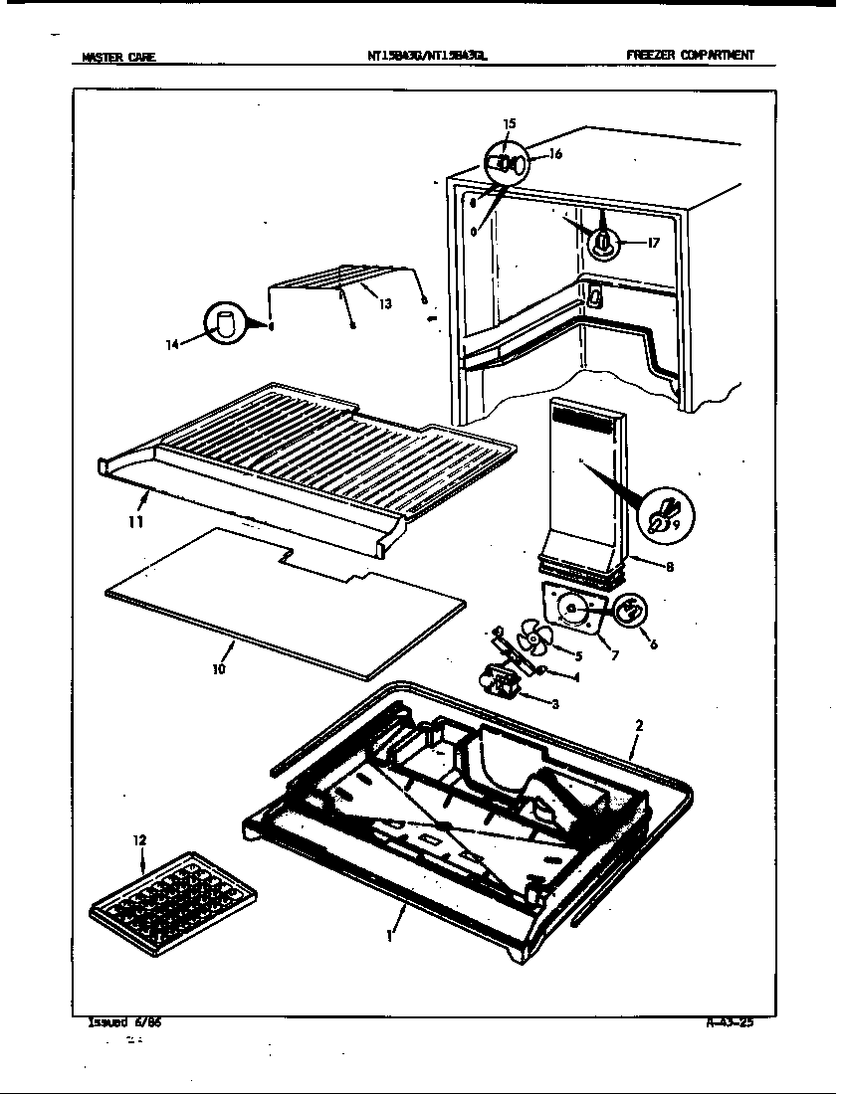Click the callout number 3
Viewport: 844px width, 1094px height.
(x=554, y=704)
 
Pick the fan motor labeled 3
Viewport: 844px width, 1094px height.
(x=499, y=681)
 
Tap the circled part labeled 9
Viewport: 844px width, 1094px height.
(x=666, y=516)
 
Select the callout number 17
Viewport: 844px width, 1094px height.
(x=653, y=242)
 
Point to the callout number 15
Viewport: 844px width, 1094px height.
(x=509, y=124)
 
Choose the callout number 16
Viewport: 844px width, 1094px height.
(x=555, y=154)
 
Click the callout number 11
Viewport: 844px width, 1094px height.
(x=135, y=521)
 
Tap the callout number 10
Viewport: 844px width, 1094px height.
(x=219, y=669)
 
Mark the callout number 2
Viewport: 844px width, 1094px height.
(x=639, y=726)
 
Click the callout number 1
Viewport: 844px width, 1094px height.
(x=390, y=935)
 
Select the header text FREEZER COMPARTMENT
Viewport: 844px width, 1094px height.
(x=689, y=56)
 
